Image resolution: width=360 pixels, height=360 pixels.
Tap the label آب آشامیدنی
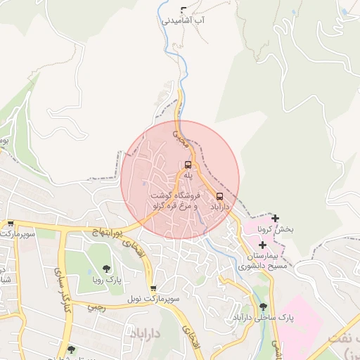(x=184, y=22)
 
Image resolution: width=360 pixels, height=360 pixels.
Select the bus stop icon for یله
(x=188, y=165)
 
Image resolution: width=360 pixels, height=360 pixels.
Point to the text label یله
(x=188, y=176)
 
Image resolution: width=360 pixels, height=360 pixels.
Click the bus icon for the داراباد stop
(x=220, y=196)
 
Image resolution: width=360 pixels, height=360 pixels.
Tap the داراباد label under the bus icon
(x=220, y=208)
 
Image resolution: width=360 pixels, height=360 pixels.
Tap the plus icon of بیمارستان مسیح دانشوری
(x=263, y=245)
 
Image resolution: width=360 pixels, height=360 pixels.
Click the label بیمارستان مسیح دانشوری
(x=262, y=261)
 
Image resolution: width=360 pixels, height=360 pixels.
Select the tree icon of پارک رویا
(x=106, y=268)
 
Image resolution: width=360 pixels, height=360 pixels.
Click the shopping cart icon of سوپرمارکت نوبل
(x=153, y=288)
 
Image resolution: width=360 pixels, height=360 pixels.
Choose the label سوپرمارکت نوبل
(x=153, y=300)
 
